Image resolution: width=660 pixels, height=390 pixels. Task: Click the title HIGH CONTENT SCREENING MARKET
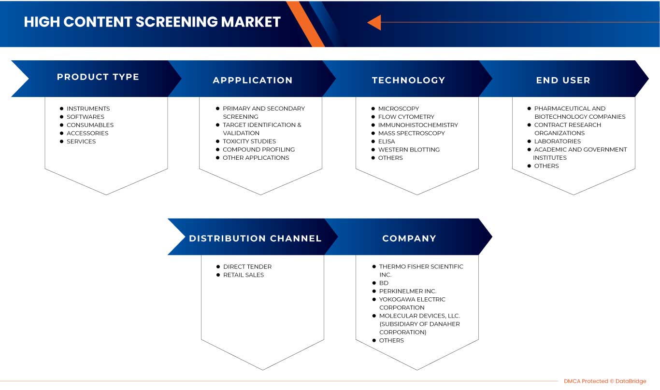pyautogui.click(x=152, y=22)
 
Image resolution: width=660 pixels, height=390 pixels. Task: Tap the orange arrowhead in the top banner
pyautogui.click(x=374, y=22)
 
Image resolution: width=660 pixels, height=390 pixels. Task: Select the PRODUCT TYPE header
pyautogui.click(x=98, y=77)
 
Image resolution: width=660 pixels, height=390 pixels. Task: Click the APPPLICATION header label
pyautogui.click(x=253, y=81)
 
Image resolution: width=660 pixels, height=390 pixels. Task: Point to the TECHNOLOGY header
pyautogui.click(x=408, y=81)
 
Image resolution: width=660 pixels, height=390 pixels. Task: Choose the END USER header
pyautogui.click(x=563, y=81)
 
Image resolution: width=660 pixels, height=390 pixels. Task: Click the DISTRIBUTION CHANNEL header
pyautogui.click(x=255, y=238)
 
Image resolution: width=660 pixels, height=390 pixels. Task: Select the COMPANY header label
pyautogui.click(x=409, y=238)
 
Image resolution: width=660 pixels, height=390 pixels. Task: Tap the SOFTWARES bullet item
pyautogui.click(x=85, y=117)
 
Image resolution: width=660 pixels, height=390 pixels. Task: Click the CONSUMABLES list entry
pyautogui.click(x=90, y=125)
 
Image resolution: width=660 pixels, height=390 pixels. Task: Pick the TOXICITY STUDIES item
pyautogui.click(x=249, y=141)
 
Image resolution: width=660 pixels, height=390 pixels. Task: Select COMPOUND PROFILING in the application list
pyautogui.click(x=258, y=150)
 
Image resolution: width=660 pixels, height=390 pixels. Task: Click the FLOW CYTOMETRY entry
pyautogui.click(x=406, y=117)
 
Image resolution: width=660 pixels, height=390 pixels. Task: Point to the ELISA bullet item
pyautogui.click(x=387, y=141)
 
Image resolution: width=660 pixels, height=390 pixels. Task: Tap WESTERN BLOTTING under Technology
pyautogui.click(x=409, y=150)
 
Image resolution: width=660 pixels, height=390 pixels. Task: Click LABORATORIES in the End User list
pyautogui.click(x=557, y=141)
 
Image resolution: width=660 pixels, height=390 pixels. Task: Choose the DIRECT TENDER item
pyautogui.click(x=247, y=266)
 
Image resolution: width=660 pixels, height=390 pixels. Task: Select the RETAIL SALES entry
pyautogui.click(x=243, y=275)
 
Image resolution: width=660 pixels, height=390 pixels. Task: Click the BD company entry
pyautogui.click(x=384, y=283)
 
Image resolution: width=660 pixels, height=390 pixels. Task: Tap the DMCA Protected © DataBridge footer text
pyautogui.click(x=604, y=381)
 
